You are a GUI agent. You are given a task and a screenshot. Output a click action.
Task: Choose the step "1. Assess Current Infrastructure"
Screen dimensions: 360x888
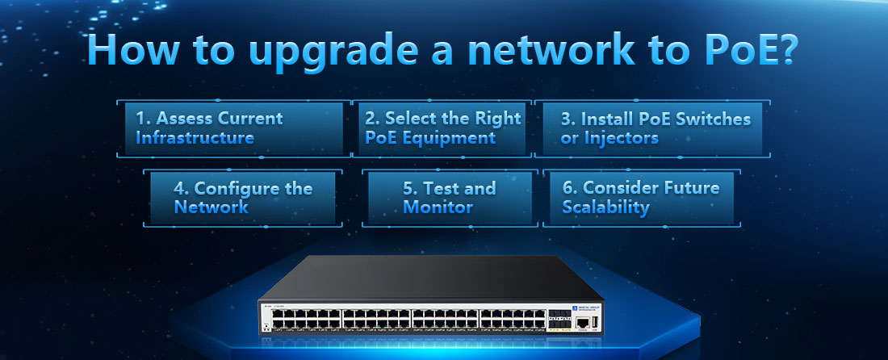(234, 128)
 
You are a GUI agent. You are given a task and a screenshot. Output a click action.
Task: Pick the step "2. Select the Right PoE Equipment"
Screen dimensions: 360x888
(443, 128)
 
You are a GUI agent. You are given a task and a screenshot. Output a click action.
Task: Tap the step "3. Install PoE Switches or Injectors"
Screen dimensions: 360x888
(652, 128)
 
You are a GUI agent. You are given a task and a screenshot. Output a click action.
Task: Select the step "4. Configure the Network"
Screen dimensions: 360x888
(242, 197)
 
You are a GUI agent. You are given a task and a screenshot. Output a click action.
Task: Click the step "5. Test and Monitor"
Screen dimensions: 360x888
(450, 197)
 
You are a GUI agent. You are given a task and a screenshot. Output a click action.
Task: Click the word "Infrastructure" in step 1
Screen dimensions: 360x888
(195, 138)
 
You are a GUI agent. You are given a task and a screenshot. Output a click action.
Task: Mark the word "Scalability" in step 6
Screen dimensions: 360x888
(606, 207)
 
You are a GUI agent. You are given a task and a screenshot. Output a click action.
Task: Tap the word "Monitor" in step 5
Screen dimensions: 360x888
(438, 207)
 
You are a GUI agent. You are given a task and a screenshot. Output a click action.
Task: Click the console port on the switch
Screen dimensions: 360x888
(583, 323)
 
